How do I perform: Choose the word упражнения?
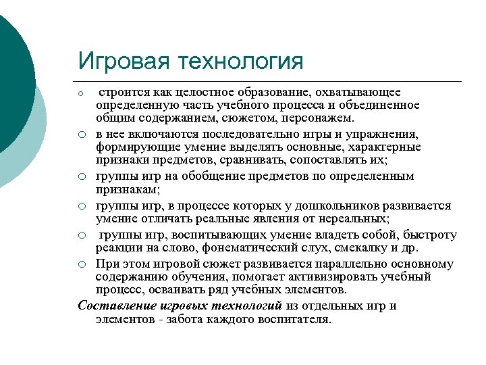385,135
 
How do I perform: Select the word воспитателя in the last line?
293,319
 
